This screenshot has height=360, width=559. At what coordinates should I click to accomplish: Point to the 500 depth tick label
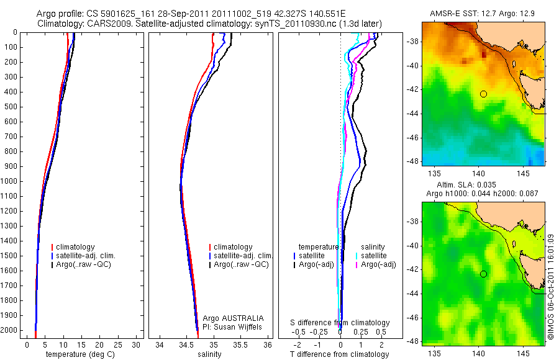tap(11, 107)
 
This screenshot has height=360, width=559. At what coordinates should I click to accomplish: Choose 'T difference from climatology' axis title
tap(339, 354)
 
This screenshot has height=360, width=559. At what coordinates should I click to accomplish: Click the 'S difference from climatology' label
tap(340, 323)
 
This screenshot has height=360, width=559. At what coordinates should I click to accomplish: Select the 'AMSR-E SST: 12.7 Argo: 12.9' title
tap(483, 14)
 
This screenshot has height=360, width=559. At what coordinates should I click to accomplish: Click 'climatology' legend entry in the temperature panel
tap(80, 247)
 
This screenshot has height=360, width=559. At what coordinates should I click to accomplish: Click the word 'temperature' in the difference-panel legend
tap(319, 247)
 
